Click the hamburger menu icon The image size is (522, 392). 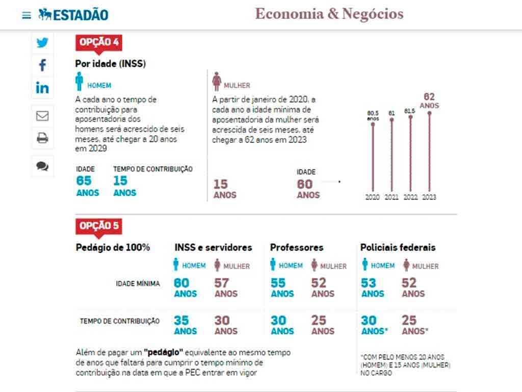tap(27, 15)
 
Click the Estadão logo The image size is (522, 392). tap(73, 15)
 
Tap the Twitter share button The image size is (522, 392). tap(42, 43)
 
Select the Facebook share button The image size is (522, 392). tap(42, 65)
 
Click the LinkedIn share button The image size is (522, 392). tap(42, 87)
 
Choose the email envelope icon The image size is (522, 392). tap(42, 116)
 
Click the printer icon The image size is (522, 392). tap(42, 138)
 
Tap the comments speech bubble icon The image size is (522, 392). tap(42, 166)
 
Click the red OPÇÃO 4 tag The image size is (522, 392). tap(99, 42)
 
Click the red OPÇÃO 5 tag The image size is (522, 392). tap(99, 226)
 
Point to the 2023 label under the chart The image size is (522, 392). tap(429, 197)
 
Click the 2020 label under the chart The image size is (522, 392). tap(373, 197)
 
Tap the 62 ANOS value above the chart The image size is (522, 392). tap(429, 101)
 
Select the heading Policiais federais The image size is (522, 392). tap(398, 248)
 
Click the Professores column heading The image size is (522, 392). tap(297, 248)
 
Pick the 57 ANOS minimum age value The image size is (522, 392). tap(225, 287)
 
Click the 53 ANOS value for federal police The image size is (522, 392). tap(372, 287)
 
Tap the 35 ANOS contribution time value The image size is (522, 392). tap(185, 325)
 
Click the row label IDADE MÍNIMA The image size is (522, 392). tap(138, 284)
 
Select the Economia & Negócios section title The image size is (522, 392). tap(329, 14)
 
